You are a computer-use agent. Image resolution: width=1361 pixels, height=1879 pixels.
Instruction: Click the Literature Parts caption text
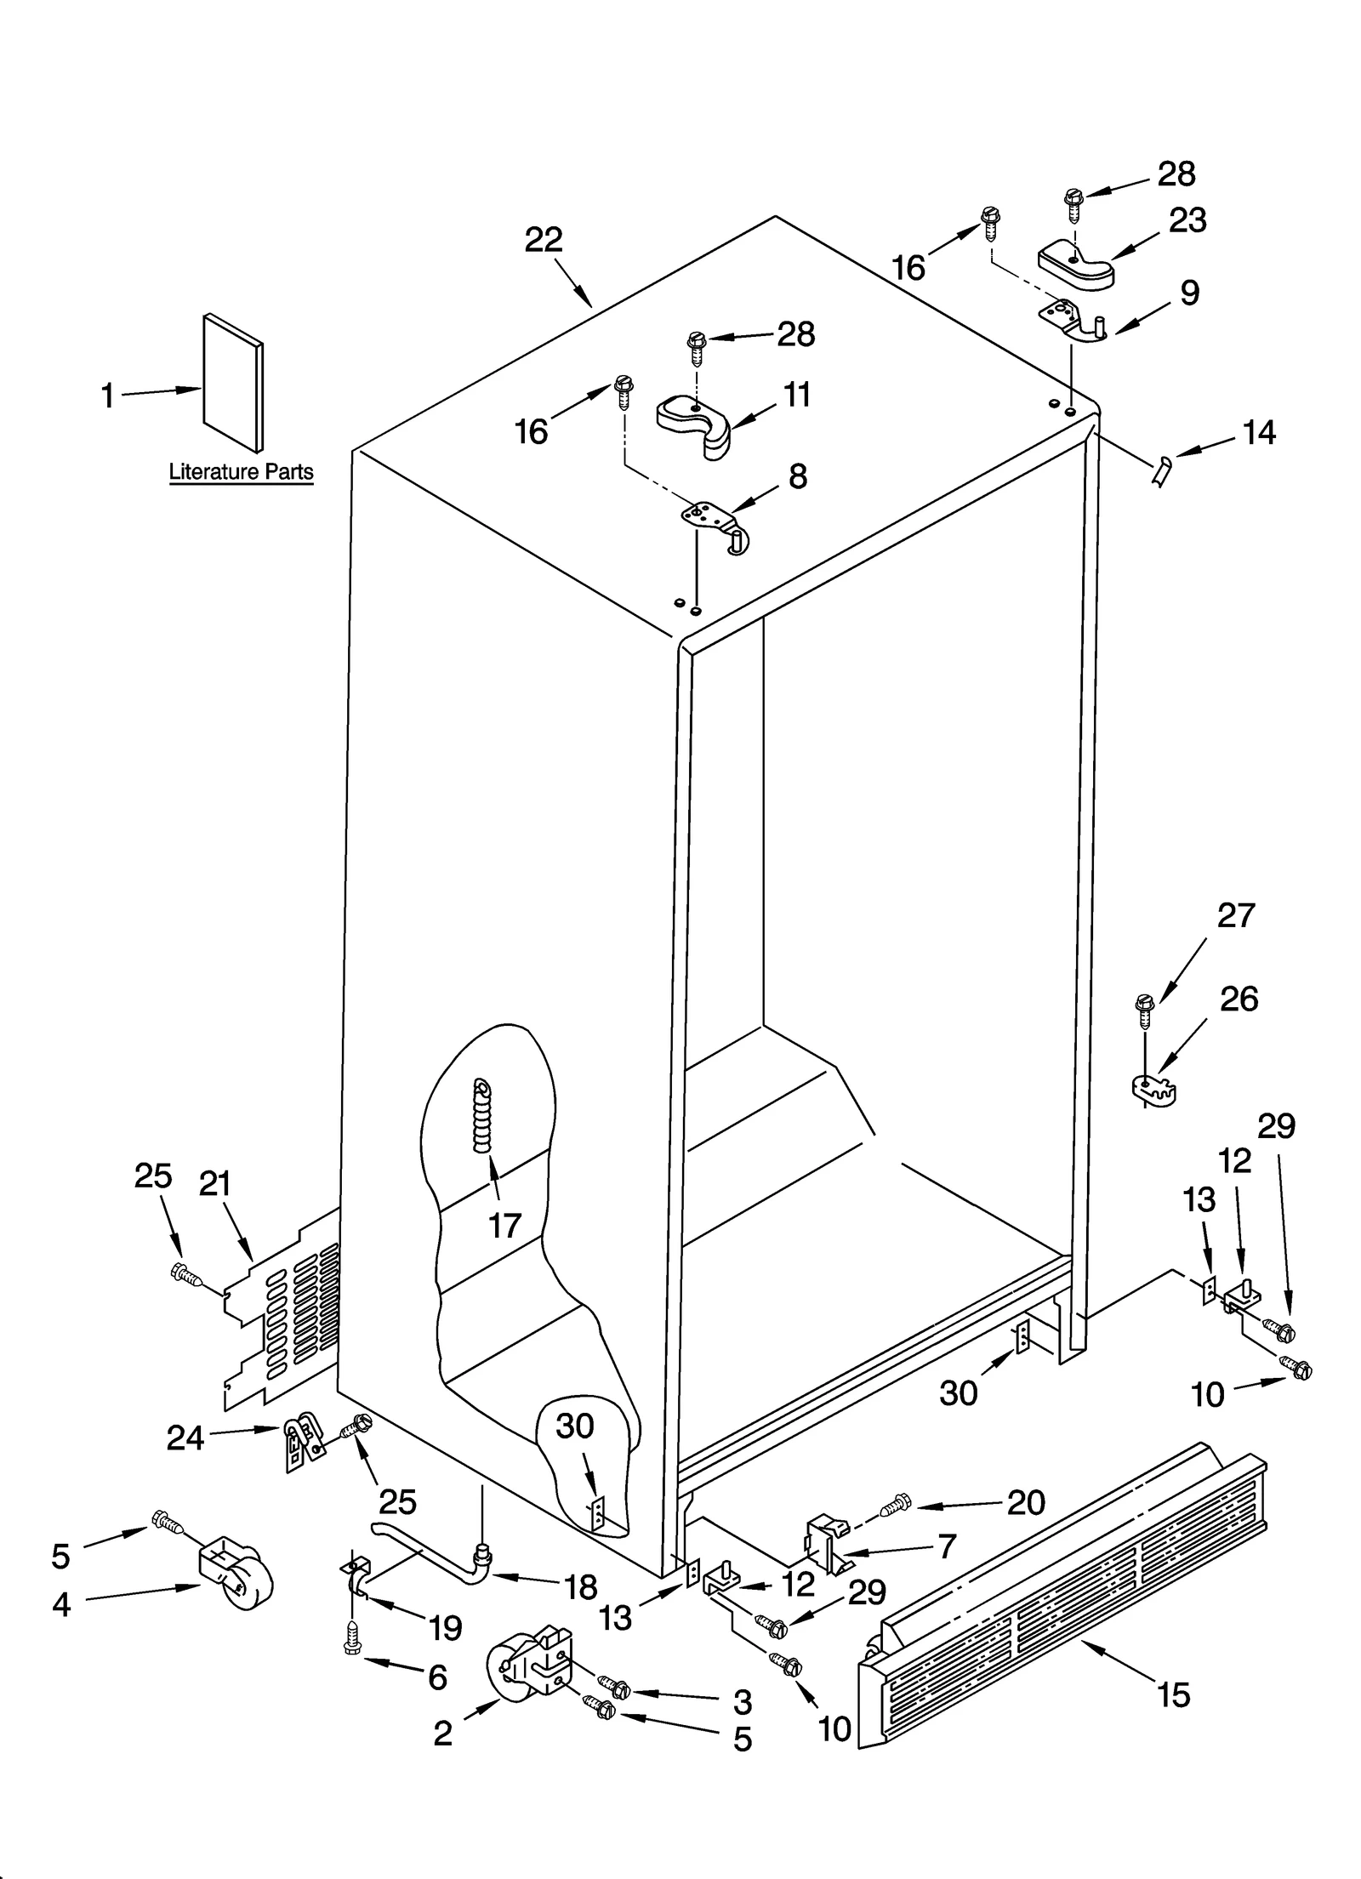point(241,471)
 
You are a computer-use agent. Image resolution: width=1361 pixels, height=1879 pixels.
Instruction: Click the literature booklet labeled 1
point(232,383)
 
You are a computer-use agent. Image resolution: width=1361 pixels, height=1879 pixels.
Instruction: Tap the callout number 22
point(544,240)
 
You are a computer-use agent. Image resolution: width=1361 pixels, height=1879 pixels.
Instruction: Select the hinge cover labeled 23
point(1076,266)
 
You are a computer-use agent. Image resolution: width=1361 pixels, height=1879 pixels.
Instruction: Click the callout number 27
point(1236,915)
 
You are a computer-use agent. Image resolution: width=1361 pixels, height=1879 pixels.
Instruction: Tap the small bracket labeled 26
point(1153,1089)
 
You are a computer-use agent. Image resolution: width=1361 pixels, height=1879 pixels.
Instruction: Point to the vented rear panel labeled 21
point(281,1310)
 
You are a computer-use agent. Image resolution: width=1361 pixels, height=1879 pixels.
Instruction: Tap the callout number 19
point(445,1628)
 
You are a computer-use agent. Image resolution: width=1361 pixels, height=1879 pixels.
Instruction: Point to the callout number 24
point(185,1438)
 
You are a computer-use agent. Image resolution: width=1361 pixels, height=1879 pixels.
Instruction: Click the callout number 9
point(1189,293)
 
